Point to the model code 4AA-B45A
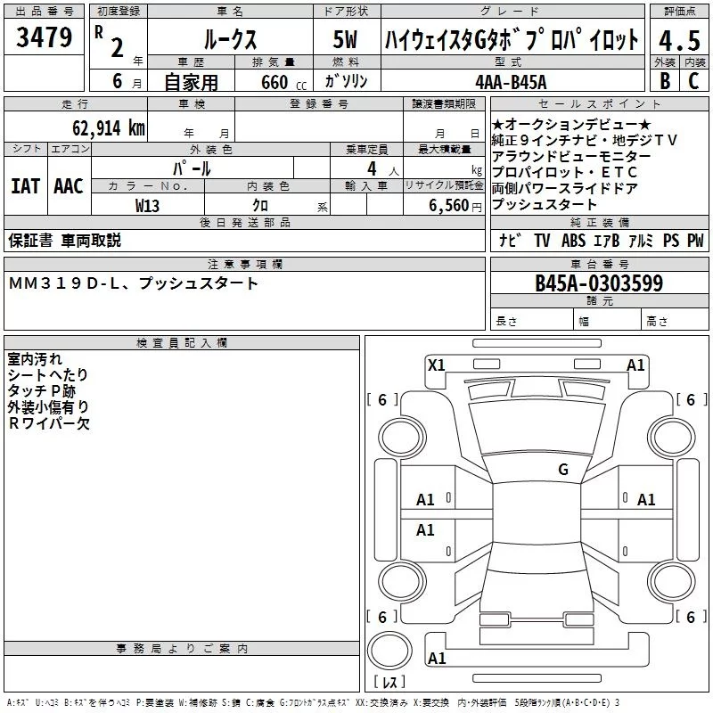(512, 81)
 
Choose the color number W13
(148, 205)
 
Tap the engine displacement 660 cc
(268, 82)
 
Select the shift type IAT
(25, 185)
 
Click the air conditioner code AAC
(68, 185)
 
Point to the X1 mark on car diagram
(436, 364)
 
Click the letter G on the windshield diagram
(562, 470)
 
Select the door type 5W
(345, 39)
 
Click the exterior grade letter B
(664, 81)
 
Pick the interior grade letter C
(693, 81)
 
